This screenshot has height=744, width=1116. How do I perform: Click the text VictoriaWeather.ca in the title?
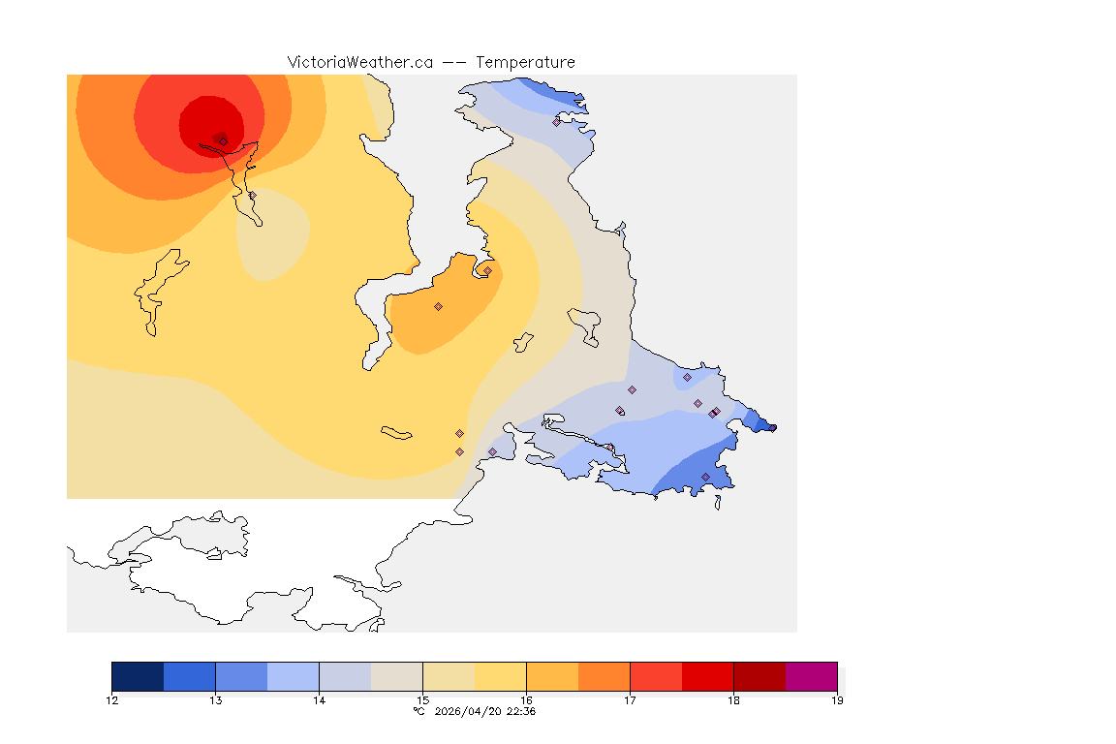[x=359, y=62]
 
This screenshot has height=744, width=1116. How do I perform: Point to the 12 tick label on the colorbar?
[x=112, y=700]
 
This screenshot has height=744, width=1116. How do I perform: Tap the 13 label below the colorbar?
[x=215, y=700]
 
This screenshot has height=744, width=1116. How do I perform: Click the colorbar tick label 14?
[x=319, y=700]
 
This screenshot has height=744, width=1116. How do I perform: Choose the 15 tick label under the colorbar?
[x=422, y=700]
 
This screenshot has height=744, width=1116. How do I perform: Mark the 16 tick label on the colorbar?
[x=526, y=700]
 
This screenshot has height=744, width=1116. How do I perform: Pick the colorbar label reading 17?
[x=630, y=700]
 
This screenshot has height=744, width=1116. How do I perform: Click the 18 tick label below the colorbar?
[x=733, y=700]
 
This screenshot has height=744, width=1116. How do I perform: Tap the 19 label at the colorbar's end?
[x=837, y=700]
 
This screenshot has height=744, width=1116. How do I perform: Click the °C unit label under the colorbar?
[x=418, y=711]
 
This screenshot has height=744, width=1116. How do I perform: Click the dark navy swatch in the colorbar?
[x=138, y=676]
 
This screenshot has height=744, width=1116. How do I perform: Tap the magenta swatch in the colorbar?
[x=811, y=676]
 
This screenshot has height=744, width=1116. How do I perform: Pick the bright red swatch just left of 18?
[x=707, y=676]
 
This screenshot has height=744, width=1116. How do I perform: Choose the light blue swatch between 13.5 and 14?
[x=293, y=676]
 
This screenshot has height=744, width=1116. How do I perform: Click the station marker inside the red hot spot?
[x=223, y=141]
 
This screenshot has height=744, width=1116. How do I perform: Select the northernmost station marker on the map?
[x=557, y=122]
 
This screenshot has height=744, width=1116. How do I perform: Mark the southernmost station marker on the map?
[x=705, y=477]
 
